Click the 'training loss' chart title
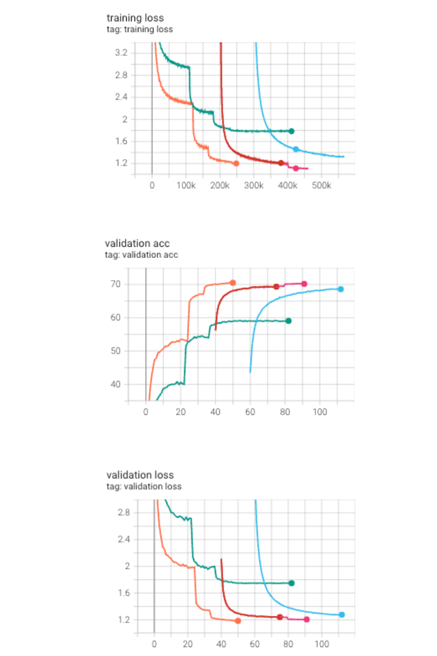[135, 18]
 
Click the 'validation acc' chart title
[137, 243]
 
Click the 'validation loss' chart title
[140, 475]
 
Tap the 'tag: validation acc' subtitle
[141, 255]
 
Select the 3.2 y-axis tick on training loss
[121, 53]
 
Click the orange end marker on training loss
[236, 164]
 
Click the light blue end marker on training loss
[296, 149]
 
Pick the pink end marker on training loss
[296, 168]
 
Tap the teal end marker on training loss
[291, 131]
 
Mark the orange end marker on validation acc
[233, 282]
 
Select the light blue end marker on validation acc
[340, 289]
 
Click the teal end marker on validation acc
[289, 321]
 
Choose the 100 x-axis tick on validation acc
[320, 413]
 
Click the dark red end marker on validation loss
[280, 617]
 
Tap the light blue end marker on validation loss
[342, 615]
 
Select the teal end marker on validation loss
[291, 583]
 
